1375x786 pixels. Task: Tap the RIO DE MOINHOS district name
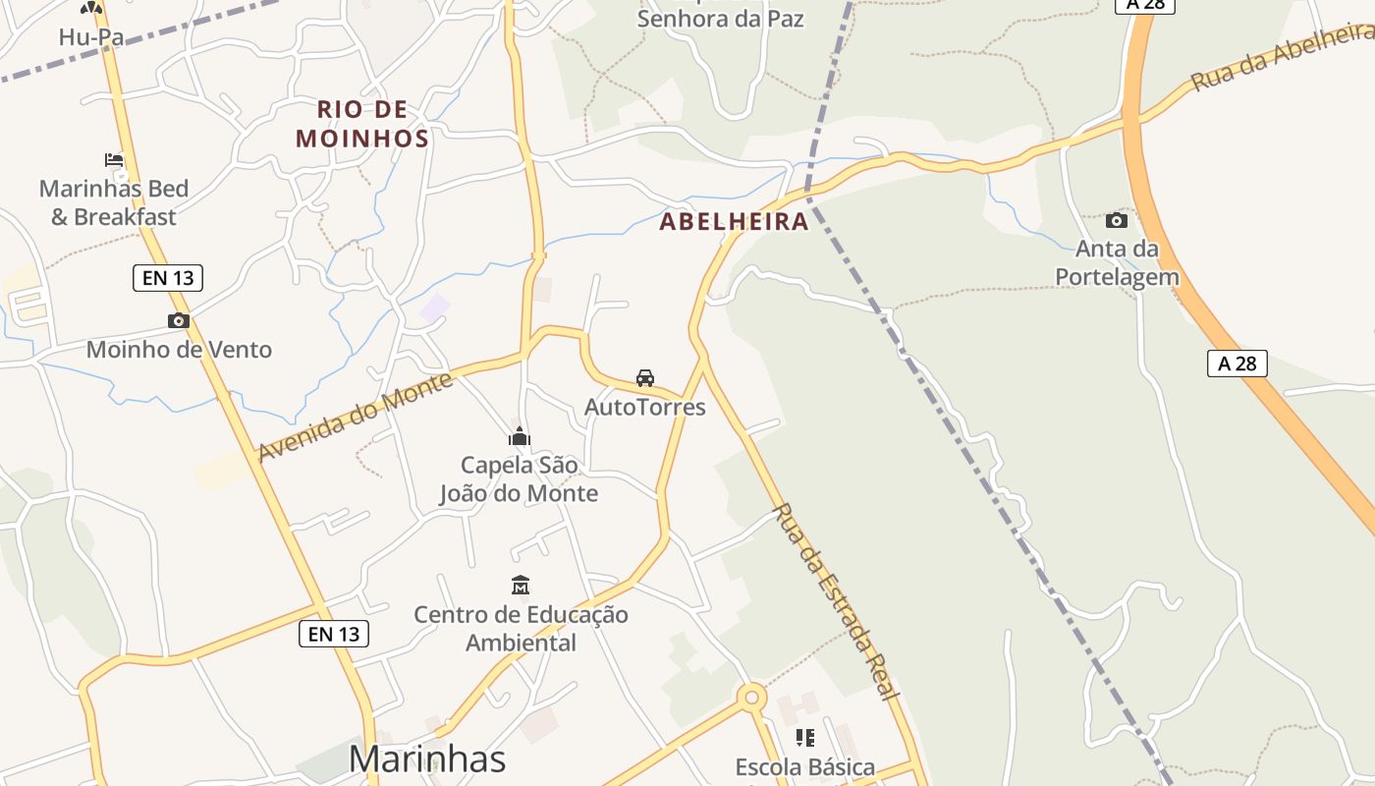coord(362,124)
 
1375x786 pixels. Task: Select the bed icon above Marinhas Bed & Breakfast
coord(114,159)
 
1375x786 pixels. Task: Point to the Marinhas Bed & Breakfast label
coord(114,202)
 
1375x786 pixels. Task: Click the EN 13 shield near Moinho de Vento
coord(168,278)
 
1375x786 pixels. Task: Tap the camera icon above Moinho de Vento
coord(178,320)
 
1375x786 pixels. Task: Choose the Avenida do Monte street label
coord(356,417)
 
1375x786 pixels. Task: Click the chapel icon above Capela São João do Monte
coord(519,436)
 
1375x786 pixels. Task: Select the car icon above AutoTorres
coord(645,377)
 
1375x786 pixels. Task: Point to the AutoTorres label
coord(645,406)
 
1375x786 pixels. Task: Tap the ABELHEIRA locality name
coord(734,222)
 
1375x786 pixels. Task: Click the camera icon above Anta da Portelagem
coord(1117,220)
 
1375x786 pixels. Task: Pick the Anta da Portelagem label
coord(1117,262)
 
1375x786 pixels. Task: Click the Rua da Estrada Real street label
coord(836,601)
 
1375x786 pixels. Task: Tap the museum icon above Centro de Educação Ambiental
coord(521,586)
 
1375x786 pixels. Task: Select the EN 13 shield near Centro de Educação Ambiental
coord(334,635)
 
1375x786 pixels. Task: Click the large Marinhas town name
coord(427,758)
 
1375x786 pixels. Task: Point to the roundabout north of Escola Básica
coord(751,698)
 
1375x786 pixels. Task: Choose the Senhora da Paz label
coord(721,18)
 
